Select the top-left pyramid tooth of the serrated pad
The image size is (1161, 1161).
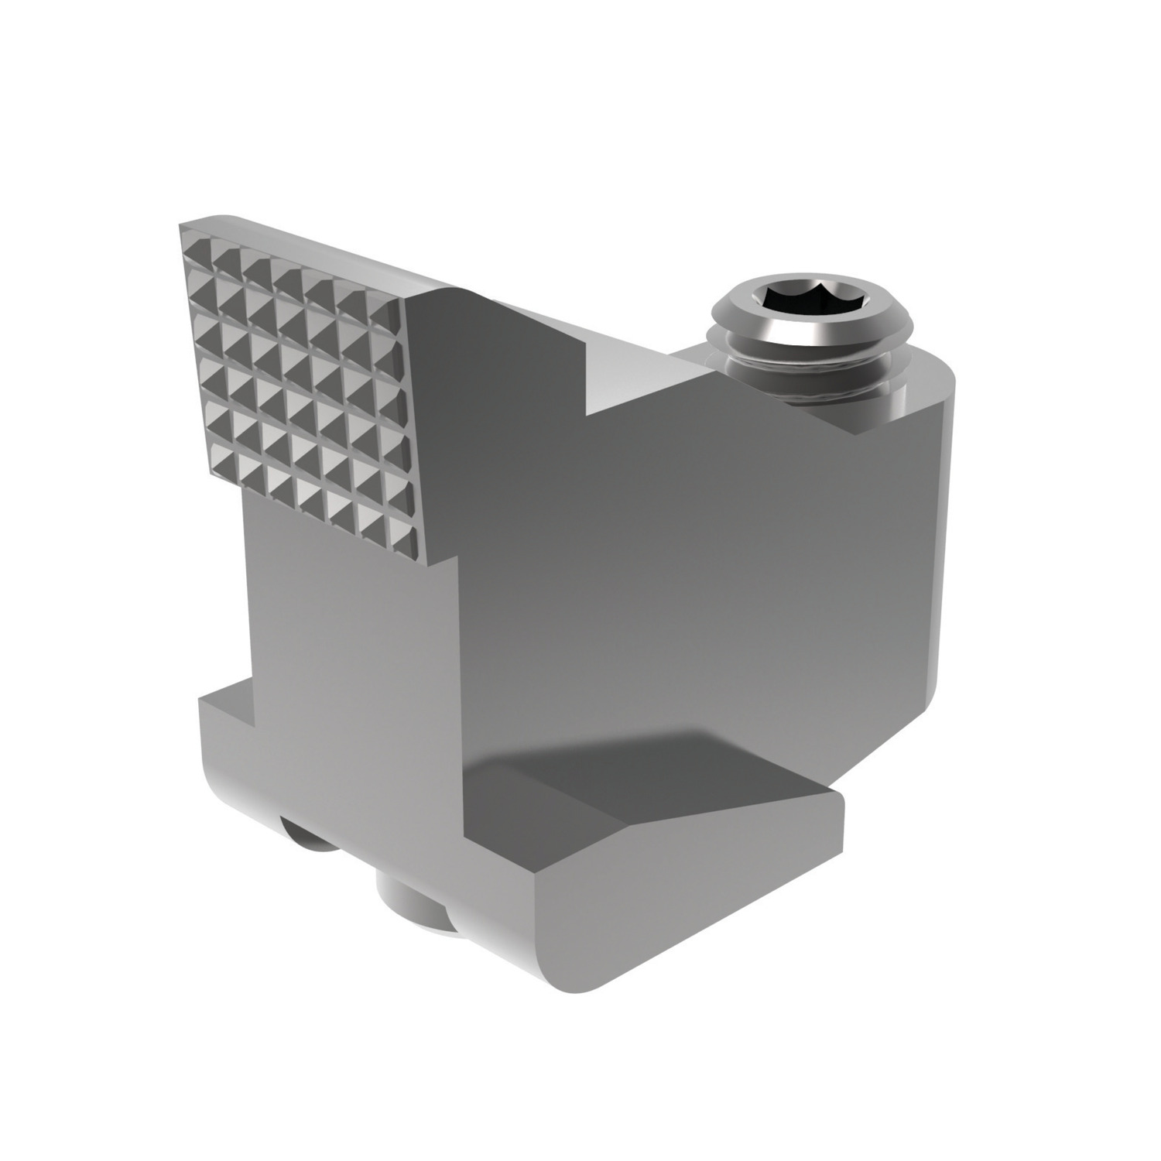click(196, 241)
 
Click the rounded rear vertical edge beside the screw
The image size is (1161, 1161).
click(948, 542)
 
